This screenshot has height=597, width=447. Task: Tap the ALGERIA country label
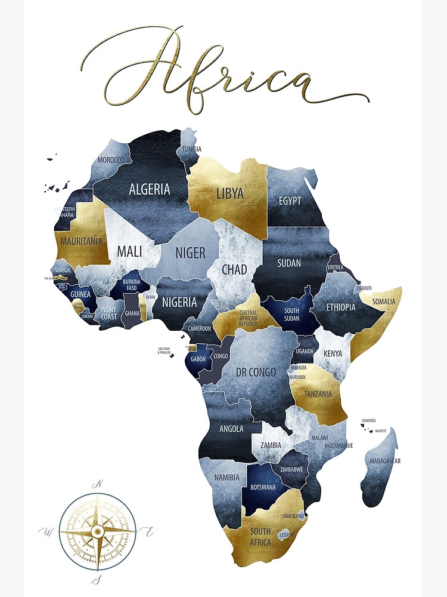coord(150,189)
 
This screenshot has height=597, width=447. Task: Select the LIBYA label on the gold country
coord(230,193)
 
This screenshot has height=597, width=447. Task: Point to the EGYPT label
coord(290,201)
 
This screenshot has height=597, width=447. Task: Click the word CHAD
coord(234,269)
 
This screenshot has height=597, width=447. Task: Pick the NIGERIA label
coord(179,302)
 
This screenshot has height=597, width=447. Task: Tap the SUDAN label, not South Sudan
coord(289,263)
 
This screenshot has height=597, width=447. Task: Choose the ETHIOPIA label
coord(341,307)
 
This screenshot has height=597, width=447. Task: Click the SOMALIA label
coord(383,301)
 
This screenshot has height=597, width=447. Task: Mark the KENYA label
coord(333,353)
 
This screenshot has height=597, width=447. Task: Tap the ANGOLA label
coord(231,429)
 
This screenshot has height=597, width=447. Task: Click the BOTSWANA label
coord(263,487)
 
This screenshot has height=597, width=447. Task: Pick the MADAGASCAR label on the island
coord(385,461)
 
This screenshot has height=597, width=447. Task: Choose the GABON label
coord(198,359)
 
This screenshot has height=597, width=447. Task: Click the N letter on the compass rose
coord(100,484)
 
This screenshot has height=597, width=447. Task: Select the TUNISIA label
coord(192,149)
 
